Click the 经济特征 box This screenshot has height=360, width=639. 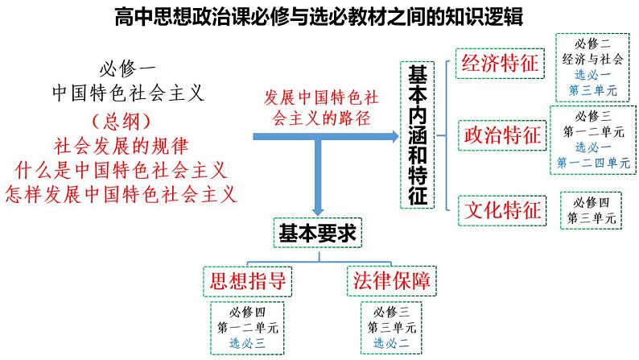coord(500,63)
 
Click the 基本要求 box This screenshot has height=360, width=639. coord(316,234)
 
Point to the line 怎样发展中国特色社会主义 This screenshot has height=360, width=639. coord(121,193)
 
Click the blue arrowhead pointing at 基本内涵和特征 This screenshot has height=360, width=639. coord(392,137)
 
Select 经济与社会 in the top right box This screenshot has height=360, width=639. coord(592,59)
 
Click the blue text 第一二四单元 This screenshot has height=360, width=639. coord(593,163)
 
